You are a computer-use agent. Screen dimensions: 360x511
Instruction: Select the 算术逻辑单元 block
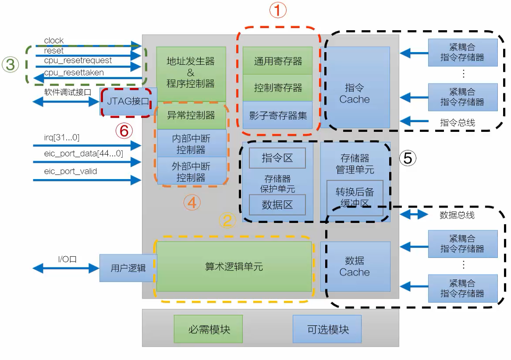pyautogui.click(x=234, y=266)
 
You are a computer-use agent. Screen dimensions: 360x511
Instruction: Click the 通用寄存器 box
pyautogui.click(x=277, y=61)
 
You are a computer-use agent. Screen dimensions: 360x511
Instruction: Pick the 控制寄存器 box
pyautogui.click(x=277, y=88)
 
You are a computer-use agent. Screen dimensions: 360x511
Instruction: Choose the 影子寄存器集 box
pyautogui.click(x=277, y=115)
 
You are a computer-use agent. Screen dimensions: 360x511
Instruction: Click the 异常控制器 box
pyautogui.click(x=191, y=115)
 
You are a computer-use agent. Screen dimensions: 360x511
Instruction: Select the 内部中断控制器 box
pyautogui.click(x=191, y=143)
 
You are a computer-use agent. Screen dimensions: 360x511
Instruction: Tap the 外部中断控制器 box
pyautogui.click(x=191, y=172)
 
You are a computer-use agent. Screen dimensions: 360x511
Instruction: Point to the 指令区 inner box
pyautogui.click(x=277, y=158)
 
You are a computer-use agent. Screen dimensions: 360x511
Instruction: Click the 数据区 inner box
pyautogui.click(x=277, y=205)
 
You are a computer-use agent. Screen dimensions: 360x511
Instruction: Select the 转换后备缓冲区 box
pyautogui.click(x=355, y=197)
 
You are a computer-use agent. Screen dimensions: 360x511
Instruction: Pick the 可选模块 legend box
pyautogui.click(x=327, y=329)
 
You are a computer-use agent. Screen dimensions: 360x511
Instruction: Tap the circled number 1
pyautogui.click(x=277, y=11)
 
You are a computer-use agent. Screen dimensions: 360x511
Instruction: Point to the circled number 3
pyautogui.click(x=10, y=65)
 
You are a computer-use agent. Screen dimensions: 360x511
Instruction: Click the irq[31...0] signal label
pyautogui.click(x=62, y=138)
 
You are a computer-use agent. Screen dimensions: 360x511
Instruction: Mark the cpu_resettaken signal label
pyautogui.click(x=74, y=73)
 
